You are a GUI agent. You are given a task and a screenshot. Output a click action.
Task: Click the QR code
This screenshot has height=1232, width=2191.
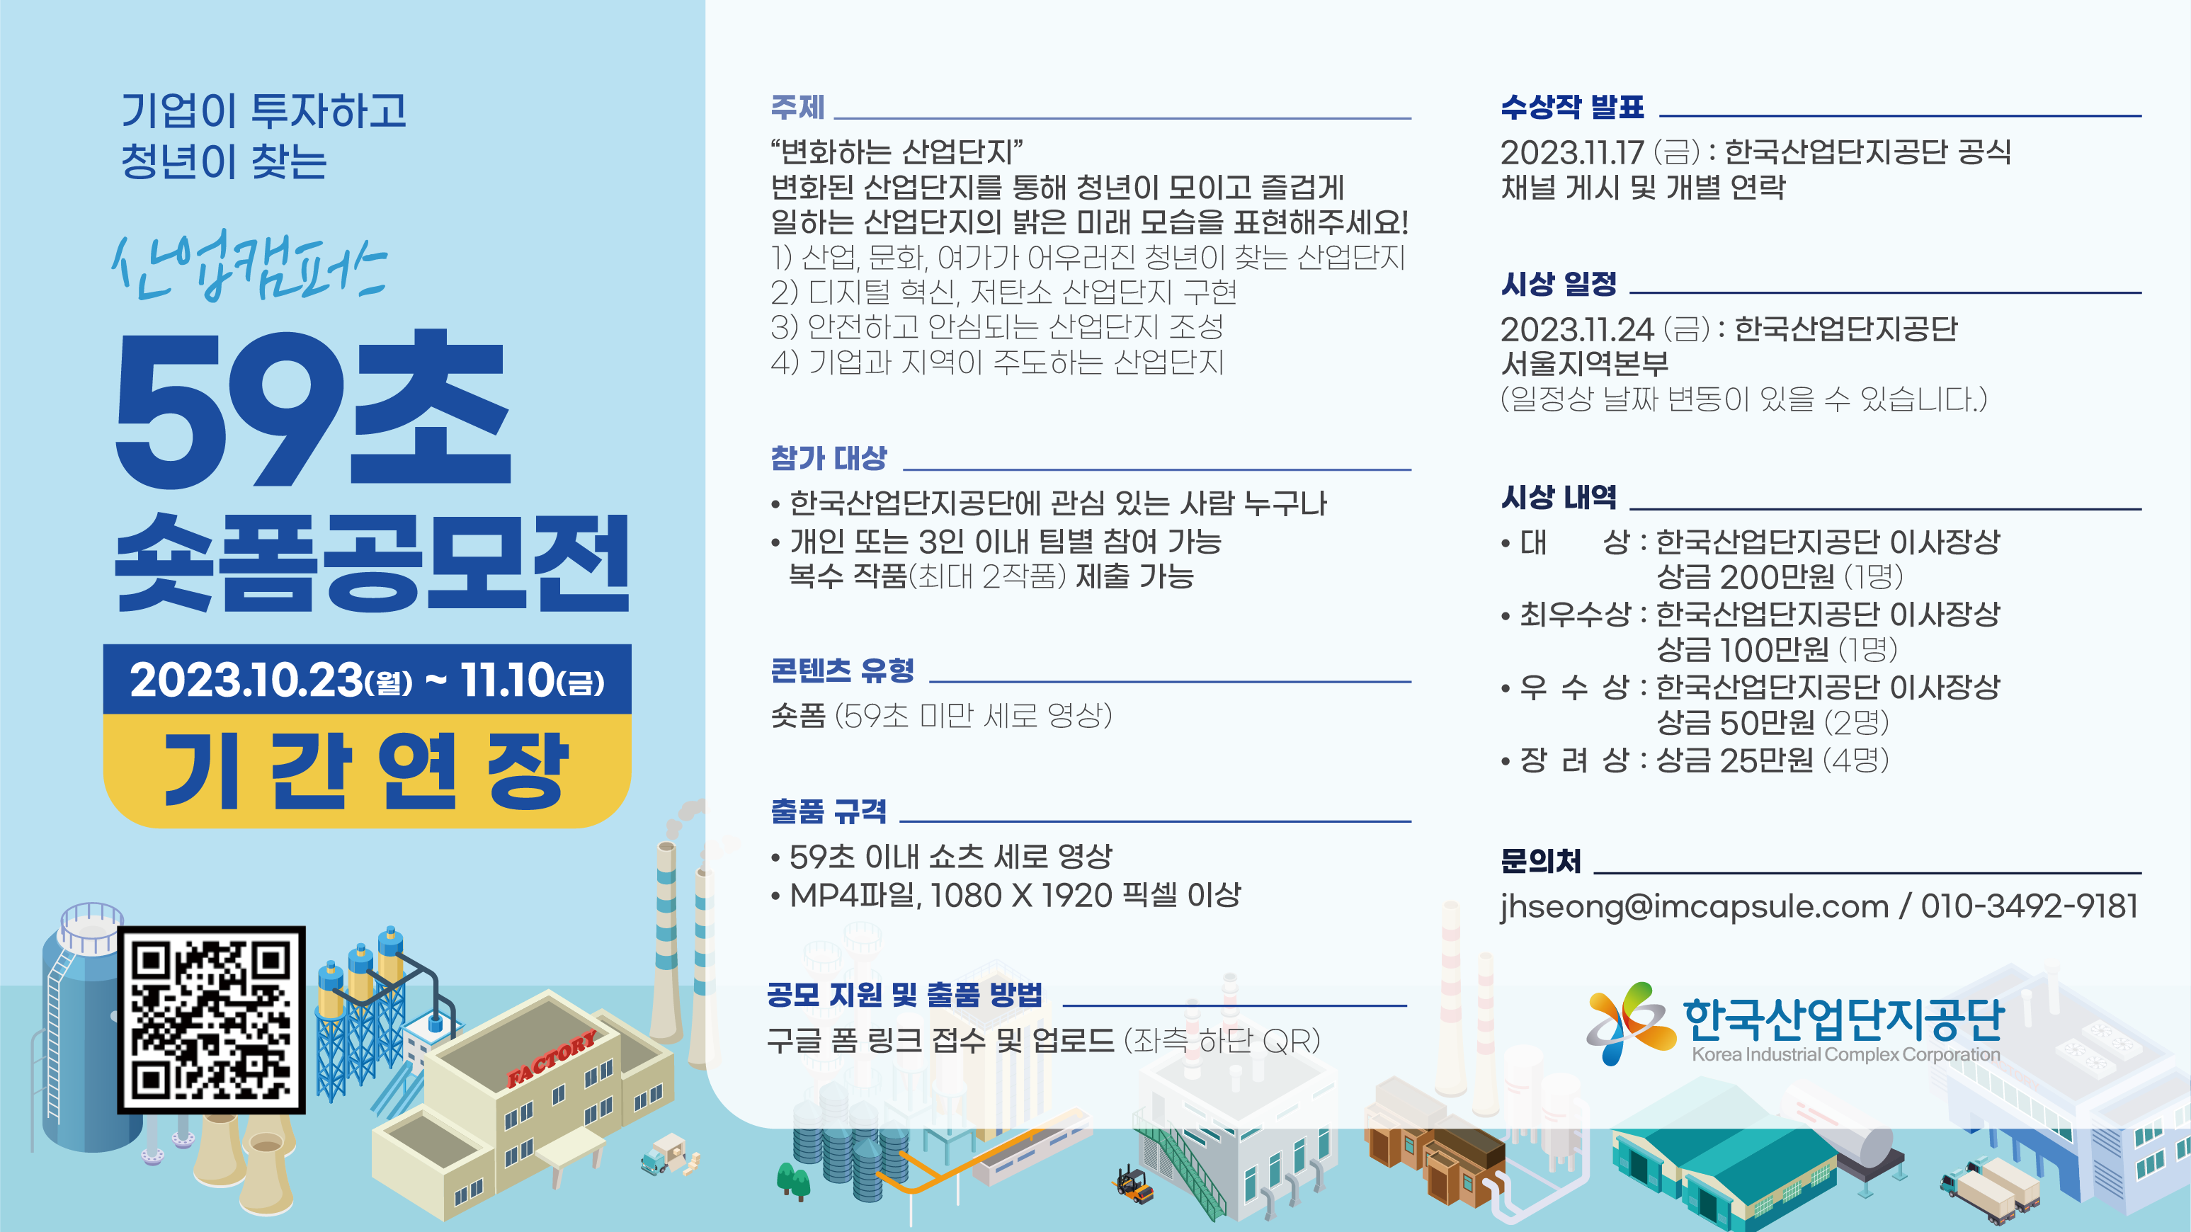point(211,1020)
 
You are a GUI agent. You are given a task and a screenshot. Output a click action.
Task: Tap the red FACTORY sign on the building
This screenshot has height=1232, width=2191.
point(551,1059)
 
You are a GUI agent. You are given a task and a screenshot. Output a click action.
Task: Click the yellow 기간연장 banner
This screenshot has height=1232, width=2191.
point(367,770)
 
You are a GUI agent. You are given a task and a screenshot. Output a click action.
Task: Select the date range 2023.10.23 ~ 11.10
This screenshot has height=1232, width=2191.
point(367,680)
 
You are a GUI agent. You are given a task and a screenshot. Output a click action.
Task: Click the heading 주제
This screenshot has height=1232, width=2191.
point(798,107)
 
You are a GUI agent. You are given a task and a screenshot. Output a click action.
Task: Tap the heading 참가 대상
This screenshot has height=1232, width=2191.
point(829,458)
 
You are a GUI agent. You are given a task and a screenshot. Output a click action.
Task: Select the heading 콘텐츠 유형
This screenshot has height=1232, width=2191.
point(842,670)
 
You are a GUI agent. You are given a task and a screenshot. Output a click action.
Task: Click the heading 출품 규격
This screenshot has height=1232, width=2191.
point(829,810)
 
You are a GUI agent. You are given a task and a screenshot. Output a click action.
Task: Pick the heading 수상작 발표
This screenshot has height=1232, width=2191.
point(1573,107)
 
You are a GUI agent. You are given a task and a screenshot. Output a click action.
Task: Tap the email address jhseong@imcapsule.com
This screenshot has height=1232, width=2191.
point(1695,907)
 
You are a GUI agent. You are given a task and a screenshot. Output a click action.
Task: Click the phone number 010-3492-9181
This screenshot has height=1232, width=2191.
point(2030,906)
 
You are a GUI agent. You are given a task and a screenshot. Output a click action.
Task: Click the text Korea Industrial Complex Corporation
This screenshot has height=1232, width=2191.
point(1845,1055)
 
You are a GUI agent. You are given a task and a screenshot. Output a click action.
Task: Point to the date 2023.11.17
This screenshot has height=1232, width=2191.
point(1572,153)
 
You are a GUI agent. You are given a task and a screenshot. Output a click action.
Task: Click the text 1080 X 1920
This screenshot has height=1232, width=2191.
point(1022,895)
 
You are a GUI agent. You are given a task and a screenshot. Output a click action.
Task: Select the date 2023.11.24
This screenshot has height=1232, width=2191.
point(1578,330)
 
